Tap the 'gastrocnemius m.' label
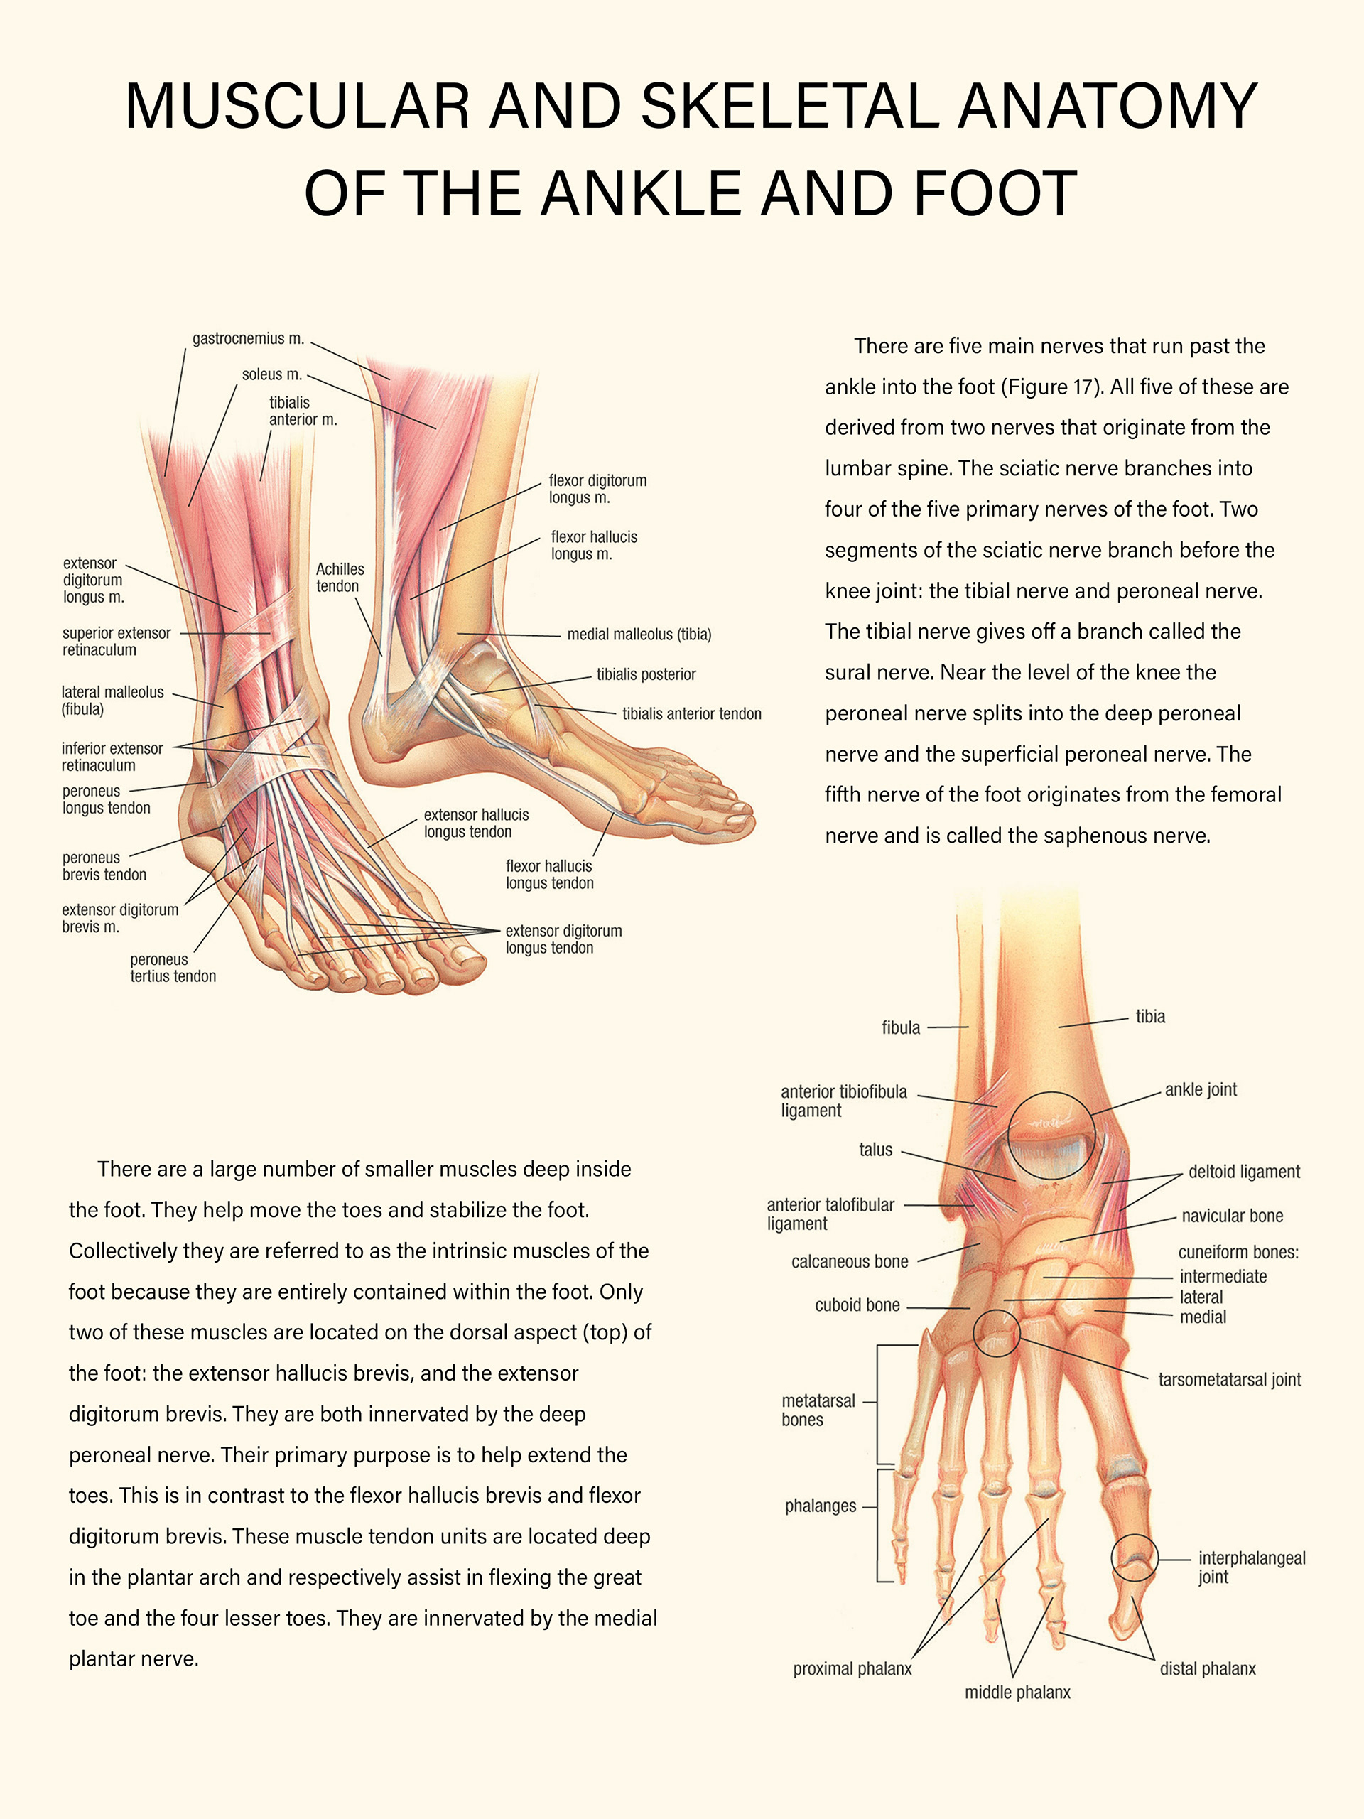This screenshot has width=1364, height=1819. [x=247, y=339]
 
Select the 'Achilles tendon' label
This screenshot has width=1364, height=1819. [x=339, y=577]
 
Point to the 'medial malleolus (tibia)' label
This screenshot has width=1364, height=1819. [x=639, y=634]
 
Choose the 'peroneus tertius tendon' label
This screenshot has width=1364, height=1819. [x=173, y=968]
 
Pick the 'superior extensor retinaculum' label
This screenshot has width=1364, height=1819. [x=116, y=642]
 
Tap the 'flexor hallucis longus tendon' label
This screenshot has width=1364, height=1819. [x=549, y=874]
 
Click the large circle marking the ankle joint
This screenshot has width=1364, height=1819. [x=1051, y=1135]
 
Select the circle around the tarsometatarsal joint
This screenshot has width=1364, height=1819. [x=996, y=1333]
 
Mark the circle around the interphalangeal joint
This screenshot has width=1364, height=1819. [x=1134, y=1557]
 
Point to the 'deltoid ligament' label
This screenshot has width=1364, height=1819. [x=1243, y=1172]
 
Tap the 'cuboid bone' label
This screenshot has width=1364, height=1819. [x=857, y=1305]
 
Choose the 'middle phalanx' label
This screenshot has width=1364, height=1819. [x=1017, y=1693]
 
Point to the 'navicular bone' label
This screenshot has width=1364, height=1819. [x=1232, y=1216]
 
